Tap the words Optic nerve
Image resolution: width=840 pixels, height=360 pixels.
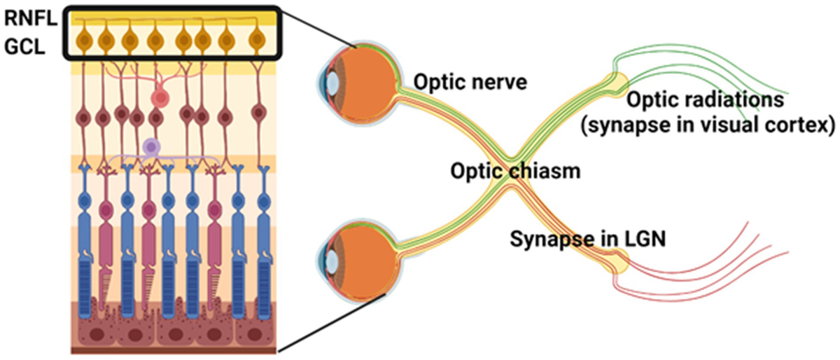458,84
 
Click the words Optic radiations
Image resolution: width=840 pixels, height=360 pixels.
703,101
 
